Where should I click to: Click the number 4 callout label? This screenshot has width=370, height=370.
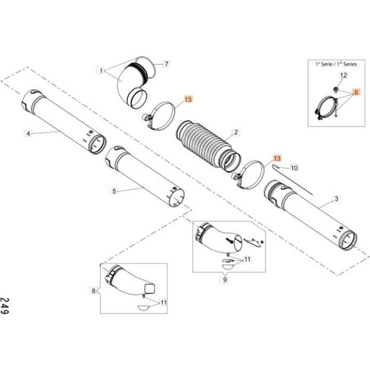tap(29, 133)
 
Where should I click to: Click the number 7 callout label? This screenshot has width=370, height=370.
tap(166, 63)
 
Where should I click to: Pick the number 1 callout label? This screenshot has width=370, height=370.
tap(101, 71)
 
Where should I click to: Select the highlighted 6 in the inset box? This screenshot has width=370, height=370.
tap(355, 93)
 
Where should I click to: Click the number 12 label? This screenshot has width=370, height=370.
tap(343, 74)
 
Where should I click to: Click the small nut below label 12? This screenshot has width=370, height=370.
tap(336, 88)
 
